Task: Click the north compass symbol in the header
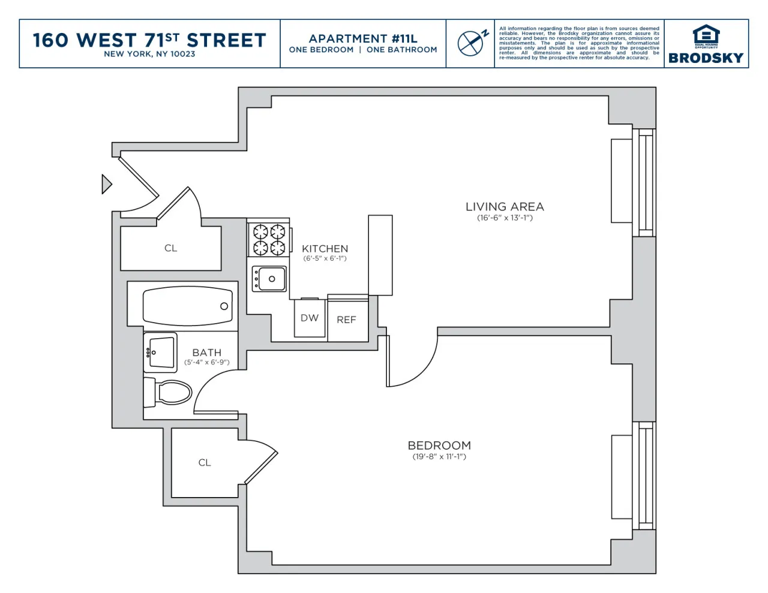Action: tap(472, 43)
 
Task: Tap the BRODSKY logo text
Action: tap(706, 58)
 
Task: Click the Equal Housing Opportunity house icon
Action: tap(706, 35)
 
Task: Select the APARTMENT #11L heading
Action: tap(363, 38)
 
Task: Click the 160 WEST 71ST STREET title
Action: tap(149, 40)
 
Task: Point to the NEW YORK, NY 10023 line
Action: tap(149, 54)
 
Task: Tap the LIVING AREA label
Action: tap(505, 206)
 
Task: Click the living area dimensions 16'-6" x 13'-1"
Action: tap(505, 218)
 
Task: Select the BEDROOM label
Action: tap(439, 445)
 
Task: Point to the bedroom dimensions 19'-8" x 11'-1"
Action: tap(439, 457)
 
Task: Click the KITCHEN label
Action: tap(325, 248)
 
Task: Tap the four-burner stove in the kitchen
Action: tap(269, 239)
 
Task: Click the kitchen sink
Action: tap(269, 279)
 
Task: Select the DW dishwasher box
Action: tap(310, 318)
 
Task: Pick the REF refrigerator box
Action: tap(347, 320)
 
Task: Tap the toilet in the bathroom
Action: tap(170, 393)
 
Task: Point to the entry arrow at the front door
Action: tap(107, 183)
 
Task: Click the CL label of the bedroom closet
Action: tap(205, 462)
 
